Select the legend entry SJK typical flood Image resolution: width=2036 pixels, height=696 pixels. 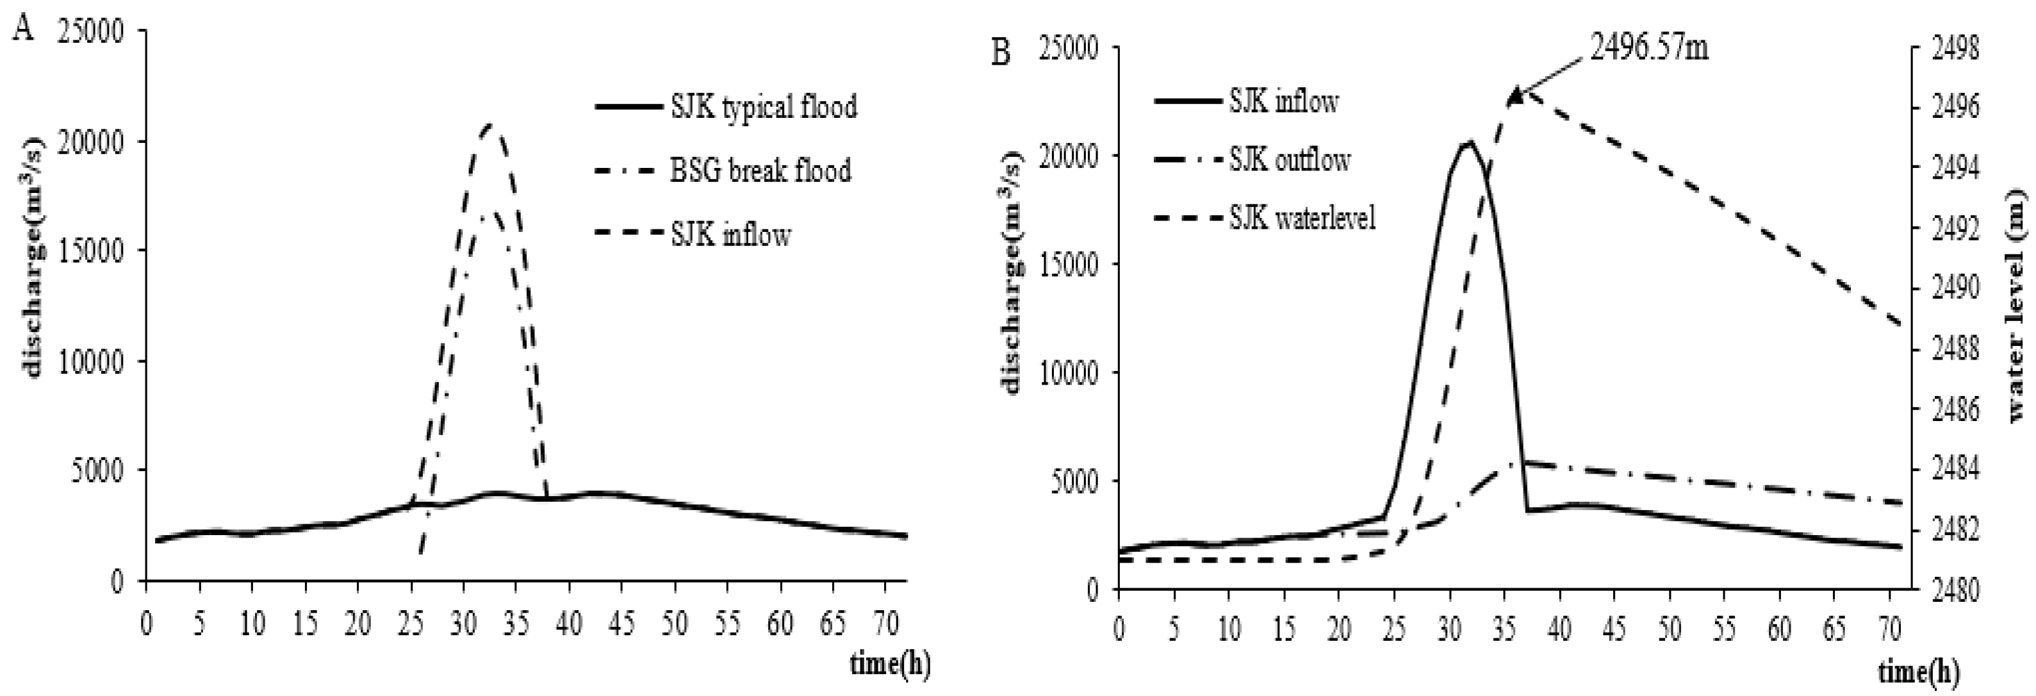click(764, 106)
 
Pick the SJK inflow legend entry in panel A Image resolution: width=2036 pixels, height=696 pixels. click(730, 235)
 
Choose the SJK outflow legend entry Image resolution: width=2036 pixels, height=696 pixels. click(1288, 160)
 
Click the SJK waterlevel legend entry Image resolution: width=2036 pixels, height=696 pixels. click(1302, 217)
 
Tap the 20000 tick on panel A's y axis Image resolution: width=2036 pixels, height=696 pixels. click(92, 142)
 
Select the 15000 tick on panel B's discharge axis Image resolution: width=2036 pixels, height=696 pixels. click(1065, 263)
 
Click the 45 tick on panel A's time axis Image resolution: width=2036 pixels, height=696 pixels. click(622, 624)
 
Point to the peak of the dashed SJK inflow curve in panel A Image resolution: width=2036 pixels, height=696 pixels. click(491, 124)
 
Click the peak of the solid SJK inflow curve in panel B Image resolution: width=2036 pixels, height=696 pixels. click(1468, 142)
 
